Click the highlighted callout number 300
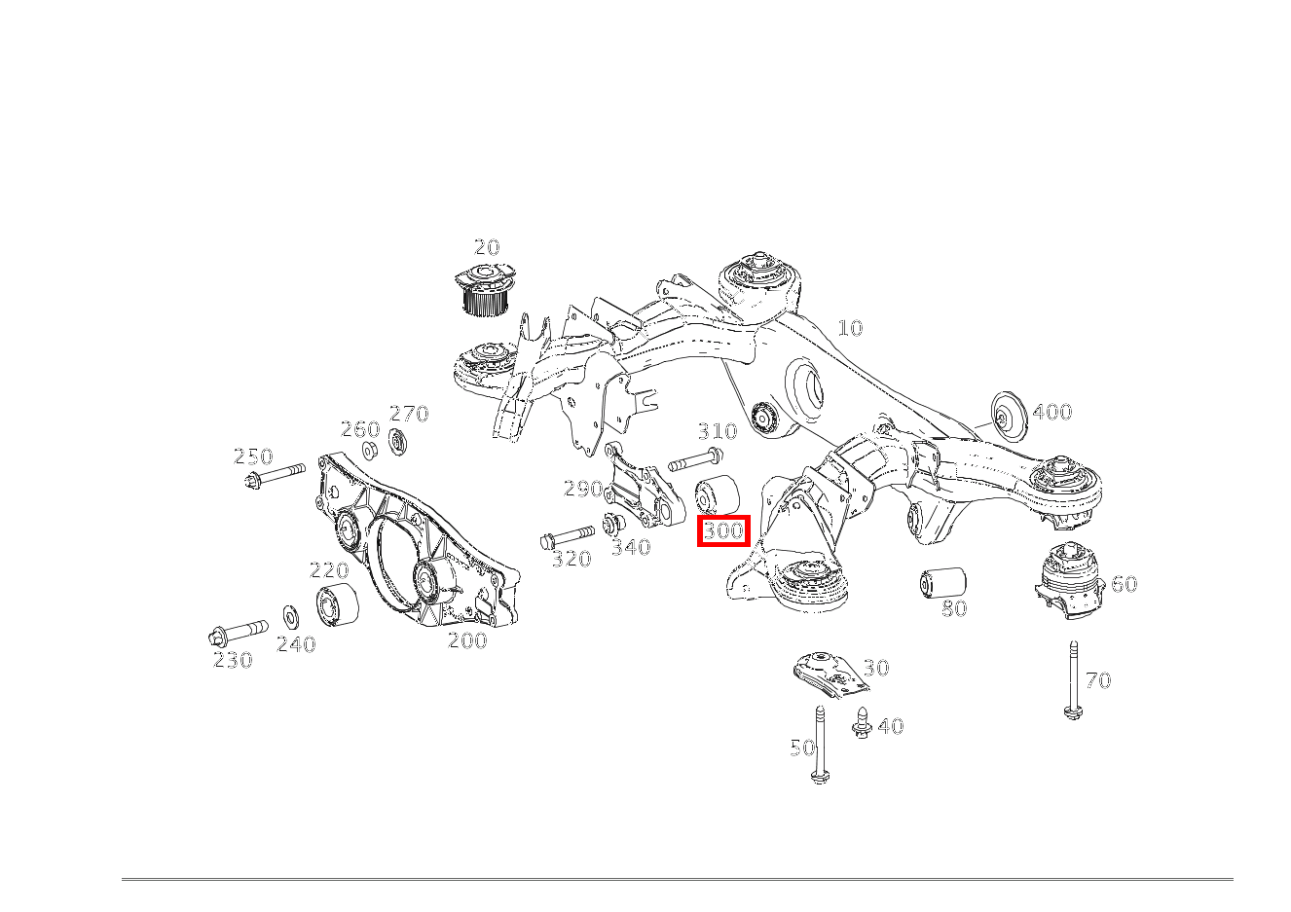click(x=723, y=531)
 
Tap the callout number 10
click(x=850, y=328)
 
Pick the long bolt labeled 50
click(x=820, y=745)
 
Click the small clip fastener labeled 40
click(x=861, y=723)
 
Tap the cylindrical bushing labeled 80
click(x=941, y=582)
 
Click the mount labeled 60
click(x=1070, y=581)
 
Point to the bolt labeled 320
click(x=567, y=536)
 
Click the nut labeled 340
click(x=613, y=524)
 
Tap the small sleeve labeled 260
click(x=370, y=451)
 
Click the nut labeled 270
click(x=397, y=442)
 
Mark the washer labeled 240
click(x=290, y=616)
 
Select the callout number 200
click(x=466, y=640)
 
